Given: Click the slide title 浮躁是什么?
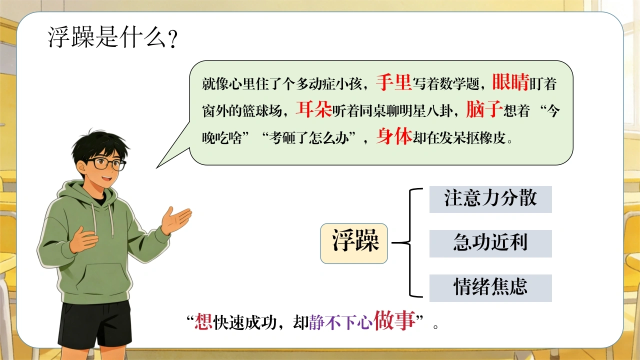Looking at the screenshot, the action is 113,37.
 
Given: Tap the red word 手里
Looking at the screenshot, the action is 393,83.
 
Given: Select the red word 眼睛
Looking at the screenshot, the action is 510,82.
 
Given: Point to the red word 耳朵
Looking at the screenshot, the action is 313,109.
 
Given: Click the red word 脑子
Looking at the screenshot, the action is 484,109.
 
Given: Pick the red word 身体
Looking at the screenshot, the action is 394,136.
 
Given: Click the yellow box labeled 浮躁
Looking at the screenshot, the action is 354,243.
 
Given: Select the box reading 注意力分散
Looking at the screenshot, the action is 490,199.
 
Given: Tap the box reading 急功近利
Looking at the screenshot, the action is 490,243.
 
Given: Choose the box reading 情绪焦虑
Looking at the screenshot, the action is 490,288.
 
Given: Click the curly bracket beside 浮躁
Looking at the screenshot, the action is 410,243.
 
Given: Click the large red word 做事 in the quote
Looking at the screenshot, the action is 394,320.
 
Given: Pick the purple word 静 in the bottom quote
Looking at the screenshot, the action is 316,322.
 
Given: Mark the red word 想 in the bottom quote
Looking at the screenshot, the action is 203,322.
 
